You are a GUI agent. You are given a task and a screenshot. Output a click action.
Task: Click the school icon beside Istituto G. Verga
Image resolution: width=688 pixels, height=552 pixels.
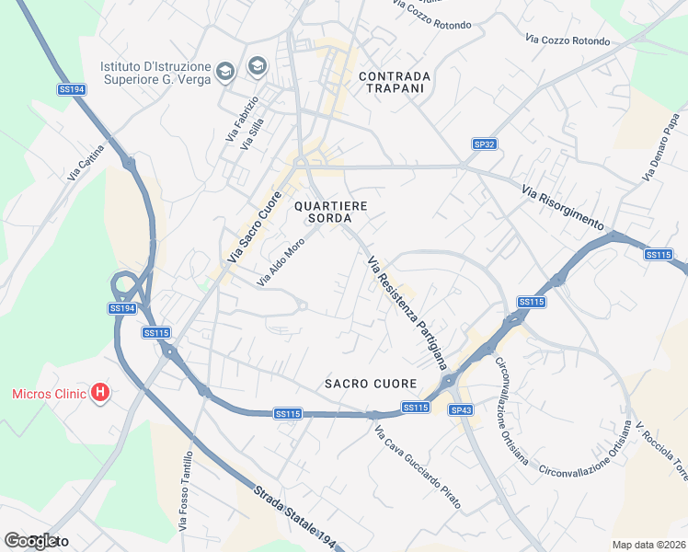256,67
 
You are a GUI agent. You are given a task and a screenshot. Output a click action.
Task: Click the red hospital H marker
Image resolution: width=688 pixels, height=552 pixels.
101,394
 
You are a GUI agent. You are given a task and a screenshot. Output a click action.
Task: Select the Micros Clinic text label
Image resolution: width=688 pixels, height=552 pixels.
49,394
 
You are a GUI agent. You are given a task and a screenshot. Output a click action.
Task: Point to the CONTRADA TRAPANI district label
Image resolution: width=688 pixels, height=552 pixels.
394,82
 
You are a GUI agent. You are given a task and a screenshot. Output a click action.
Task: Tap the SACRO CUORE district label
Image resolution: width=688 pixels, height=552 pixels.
371,383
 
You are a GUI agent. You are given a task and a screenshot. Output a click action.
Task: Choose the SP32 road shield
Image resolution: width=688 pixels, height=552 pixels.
484,144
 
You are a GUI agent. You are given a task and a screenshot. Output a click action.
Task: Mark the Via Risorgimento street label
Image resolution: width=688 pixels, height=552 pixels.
561,207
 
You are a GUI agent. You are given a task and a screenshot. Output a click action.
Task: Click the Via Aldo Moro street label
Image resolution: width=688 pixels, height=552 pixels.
281,262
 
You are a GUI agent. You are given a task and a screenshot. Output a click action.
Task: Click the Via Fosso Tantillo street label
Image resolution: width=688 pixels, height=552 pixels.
188,491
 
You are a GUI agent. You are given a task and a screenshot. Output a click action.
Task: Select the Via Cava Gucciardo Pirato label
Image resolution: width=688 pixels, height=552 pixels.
418,468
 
